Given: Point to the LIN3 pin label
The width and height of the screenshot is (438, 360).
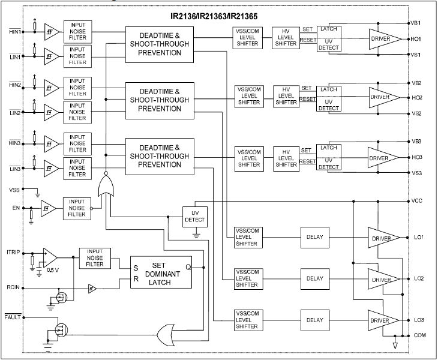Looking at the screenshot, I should (14, 170).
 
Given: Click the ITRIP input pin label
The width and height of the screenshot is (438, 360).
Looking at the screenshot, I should (14, 251).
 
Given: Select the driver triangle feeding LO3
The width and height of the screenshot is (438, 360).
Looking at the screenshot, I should (383, 320).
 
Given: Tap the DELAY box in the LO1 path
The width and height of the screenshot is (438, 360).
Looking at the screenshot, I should (314, 237).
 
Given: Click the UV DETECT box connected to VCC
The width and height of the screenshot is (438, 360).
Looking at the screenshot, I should (194, 217).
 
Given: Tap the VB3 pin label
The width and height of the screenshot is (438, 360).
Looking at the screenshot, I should (416, 142).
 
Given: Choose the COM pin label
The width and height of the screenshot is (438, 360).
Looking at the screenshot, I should (418, 335).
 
